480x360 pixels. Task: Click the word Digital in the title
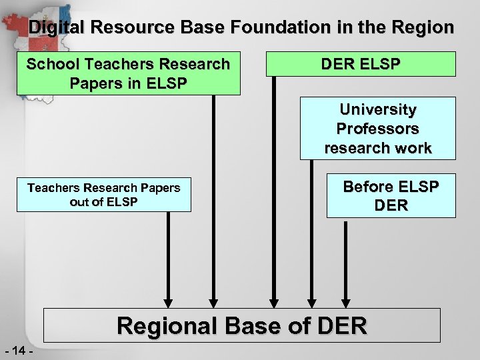pyautogui.click(x=56, y=28)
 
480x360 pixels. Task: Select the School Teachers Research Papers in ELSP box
pyautogui.click(x=128, y=73)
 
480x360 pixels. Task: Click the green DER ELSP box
pyautogui.click(x=361, y=64)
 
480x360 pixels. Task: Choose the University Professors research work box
pyautogui.click(x=377, y=128)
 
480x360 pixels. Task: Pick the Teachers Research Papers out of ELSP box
pyautogui.click(x=103, y=195)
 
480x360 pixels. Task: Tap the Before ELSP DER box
pyautogui.click(x=391, y=195)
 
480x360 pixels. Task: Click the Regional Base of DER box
pyautogui.click(x=242, y=325)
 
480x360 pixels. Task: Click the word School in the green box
pyautogui.click(x=51, y=65)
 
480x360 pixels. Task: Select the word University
pyautogui.click(x=377, y=109)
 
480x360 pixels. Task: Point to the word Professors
pyautogui.click(x=377, y=128)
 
